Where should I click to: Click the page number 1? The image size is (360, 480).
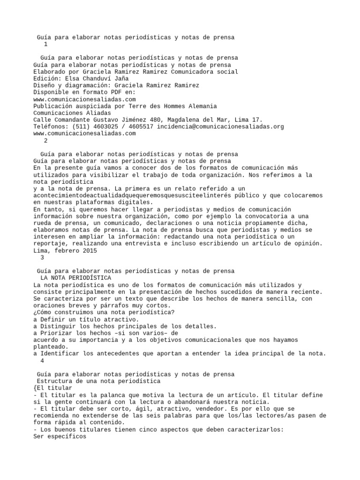pos(45,44)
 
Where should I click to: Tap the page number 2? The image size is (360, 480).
pos(45,140)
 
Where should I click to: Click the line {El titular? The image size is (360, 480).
pos(53,388)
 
